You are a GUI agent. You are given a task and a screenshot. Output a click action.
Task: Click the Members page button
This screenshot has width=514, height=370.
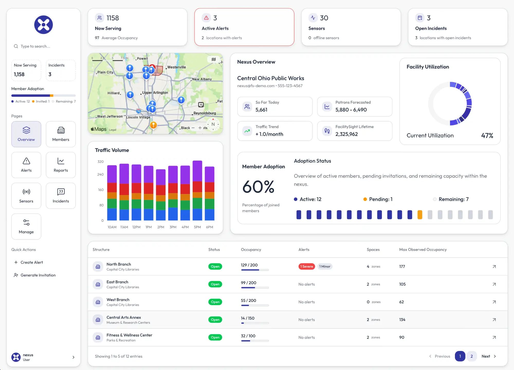tap(61, 134)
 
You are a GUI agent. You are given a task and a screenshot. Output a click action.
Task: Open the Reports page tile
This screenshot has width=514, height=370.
tap(61, 165)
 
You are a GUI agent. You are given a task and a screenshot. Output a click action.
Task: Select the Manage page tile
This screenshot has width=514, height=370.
tap(26, 226)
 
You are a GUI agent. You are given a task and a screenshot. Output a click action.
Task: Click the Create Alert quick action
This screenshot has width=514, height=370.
tap(32, 262)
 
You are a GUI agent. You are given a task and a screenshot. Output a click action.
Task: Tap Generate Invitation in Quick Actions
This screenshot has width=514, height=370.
tap(38, 275)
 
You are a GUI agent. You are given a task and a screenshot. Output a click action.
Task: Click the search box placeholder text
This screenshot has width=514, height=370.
tap(35, 46)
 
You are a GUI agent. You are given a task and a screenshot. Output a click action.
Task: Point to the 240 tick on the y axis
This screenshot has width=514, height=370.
tap(100, 174)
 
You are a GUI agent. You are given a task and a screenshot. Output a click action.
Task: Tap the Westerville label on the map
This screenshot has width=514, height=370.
tap(177, 67)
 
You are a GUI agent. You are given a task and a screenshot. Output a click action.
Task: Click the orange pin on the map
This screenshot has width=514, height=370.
tap(153, 125)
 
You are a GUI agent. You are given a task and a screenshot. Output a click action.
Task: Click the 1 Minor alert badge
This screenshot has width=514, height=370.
tap(325, 266)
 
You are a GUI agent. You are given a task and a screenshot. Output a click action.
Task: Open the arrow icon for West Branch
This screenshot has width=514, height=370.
tap(494, 302)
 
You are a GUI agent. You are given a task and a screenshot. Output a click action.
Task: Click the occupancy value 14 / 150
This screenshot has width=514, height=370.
tap(247, 318)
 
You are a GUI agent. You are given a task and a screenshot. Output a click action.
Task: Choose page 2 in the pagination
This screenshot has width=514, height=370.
tap(471, 356)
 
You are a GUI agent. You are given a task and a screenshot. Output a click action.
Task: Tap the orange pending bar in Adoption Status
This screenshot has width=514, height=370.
tap(420, 215)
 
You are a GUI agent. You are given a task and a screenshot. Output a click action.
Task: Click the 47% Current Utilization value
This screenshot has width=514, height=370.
tap(487, 135)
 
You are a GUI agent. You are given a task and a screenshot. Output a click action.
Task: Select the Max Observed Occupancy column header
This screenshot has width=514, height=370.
tap(423, 249)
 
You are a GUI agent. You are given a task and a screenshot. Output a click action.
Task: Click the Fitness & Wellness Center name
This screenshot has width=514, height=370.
tap(129, 335)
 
